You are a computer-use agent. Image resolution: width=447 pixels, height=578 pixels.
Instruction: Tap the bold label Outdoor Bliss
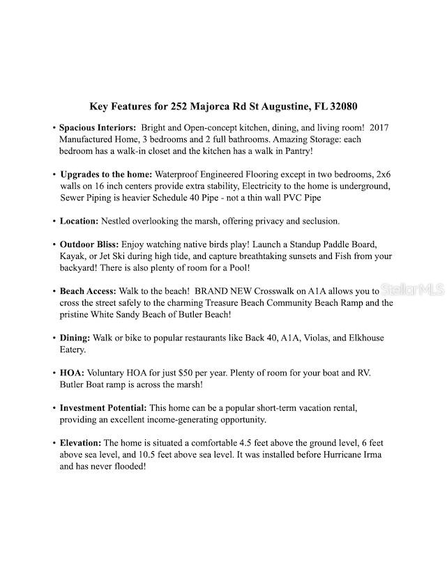click(x=89, y=245)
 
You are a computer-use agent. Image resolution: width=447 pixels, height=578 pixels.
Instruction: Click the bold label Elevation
click(x=81, y=443)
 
